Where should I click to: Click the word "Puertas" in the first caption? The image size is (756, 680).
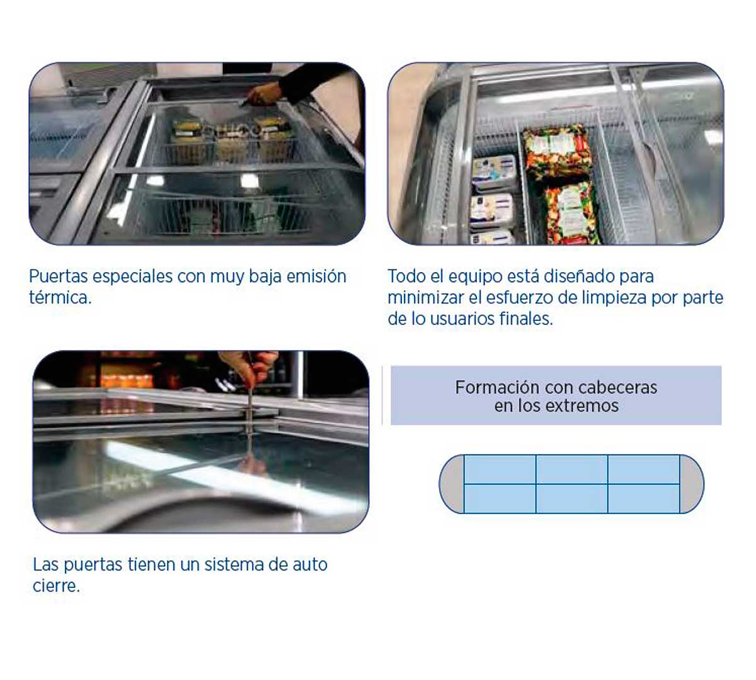coord(58,277)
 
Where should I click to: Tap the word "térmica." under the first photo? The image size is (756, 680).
coord(60,298)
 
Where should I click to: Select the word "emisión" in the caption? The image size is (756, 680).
coord(316,276)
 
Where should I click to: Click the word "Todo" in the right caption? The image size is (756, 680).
coord(406,276)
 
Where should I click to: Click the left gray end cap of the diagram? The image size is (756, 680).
coord(452,484)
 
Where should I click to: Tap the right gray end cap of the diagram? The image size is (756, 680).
coord(692,484)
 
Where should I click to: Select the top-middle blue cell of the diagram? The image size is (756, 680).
coord(571,470)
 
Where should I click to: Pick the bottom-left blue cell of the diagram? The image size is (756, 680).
coord(500,499)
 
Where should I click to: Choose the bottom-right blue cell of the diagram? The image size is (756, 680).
coord(644,499)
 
